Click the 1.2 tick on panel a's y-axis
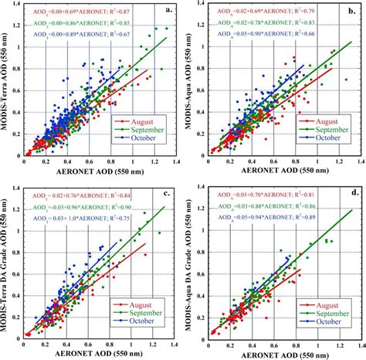coord(16,29)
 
